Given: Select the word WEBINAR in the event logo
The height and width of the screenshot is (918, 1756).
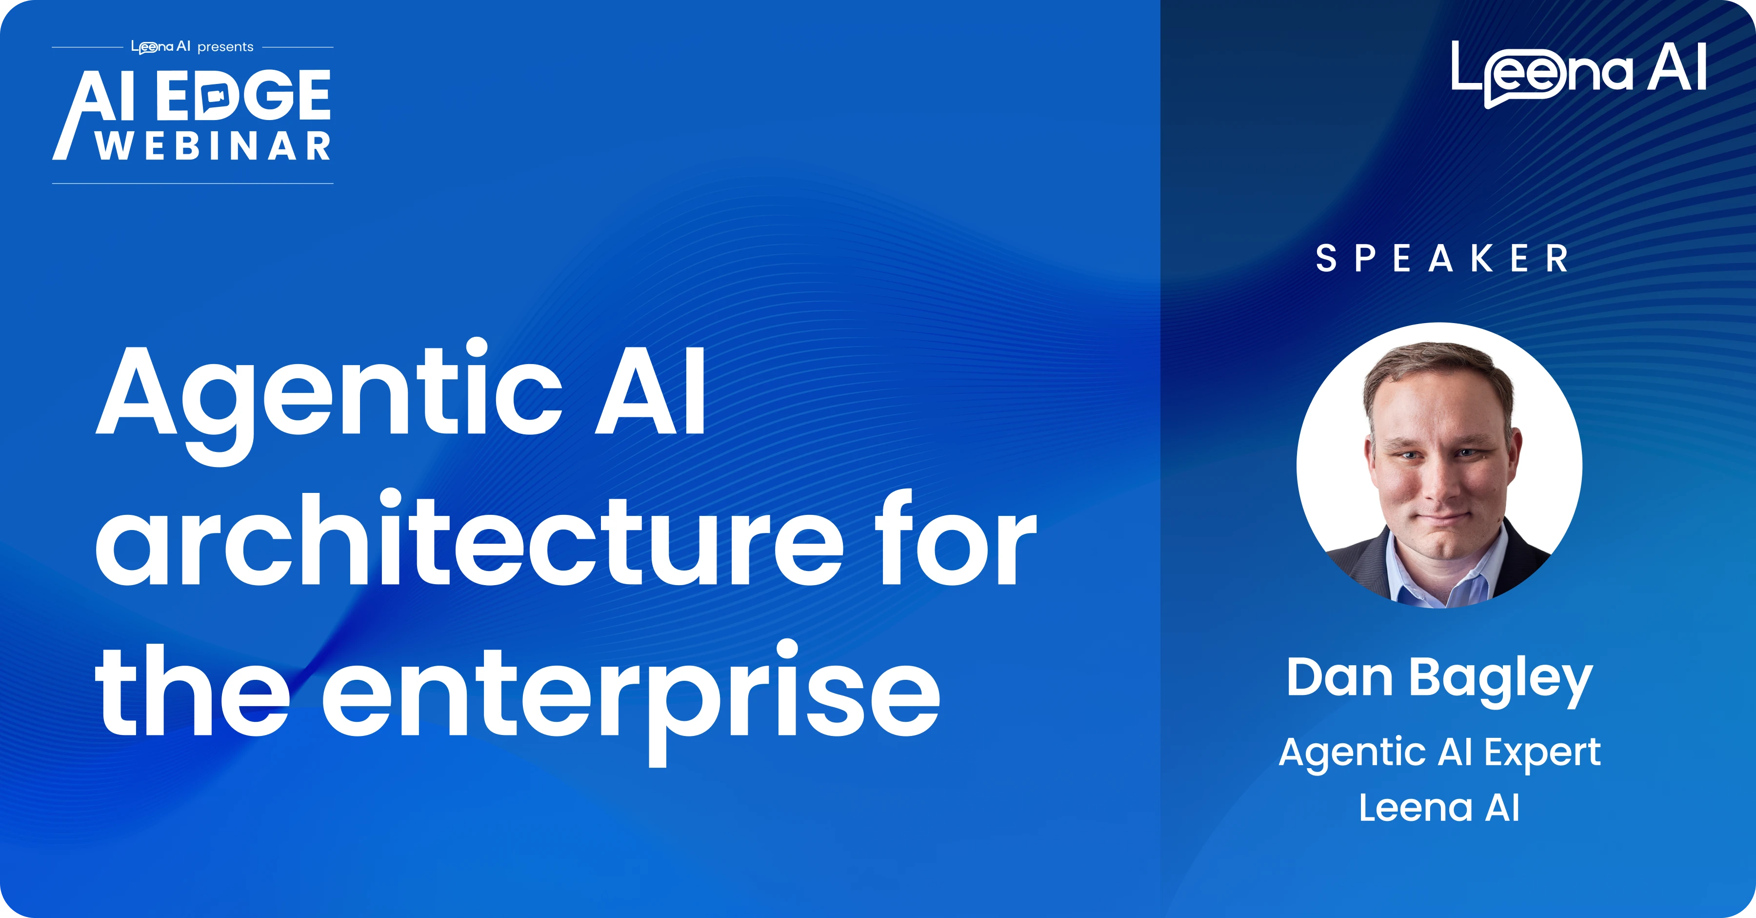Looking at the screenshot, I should point(213,146).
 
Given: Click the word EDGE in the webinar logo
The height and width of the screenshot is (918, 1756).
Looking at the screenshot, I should point(243,96).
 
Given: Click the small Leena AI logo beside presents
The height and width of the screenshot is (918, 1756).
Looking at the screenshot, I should point(161,47).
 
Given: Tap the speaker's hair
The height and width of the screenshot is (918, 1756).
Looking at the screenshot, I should point(1438,368).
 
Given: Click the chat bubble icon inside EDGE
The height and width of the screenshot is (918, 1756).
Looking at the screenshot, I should point(217,96).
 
